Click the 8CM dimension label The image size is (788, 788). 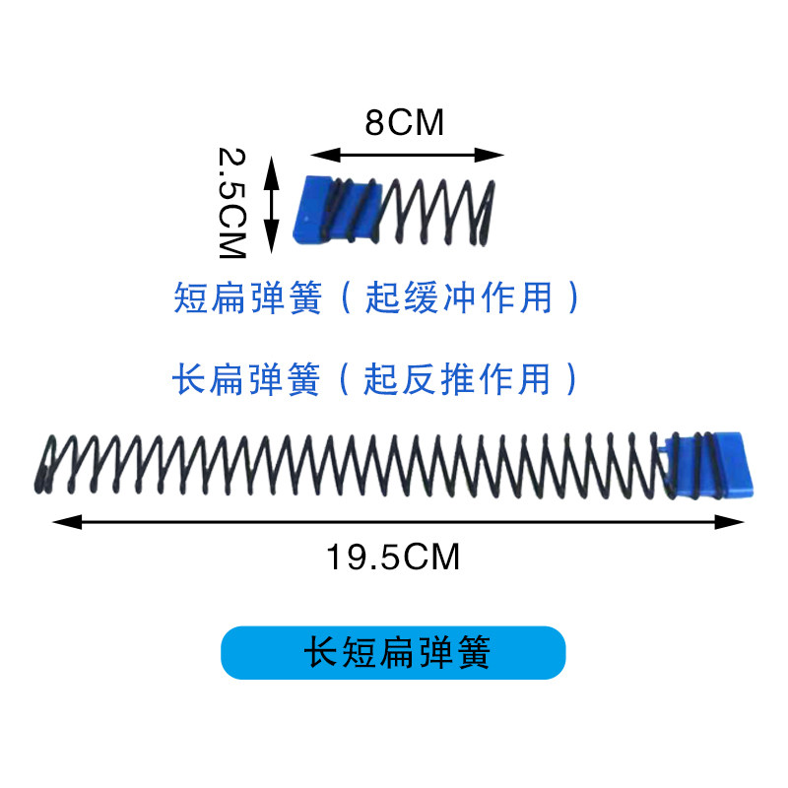click(x=405, y=124)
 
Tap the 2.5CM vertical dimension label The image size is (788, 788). click(x=231, y=202)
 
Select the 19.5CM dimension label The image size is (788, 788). click(x=393, y=558)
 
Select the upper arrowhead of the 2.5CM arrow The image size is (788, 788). click(x=273, y=168)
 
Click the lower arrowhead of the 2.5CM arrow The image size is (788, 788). click(x=273, y=243)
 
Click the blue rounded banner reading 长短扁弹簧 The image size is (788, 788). click(x=393, y=653)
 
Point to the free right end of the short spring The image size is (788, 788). click(x=490, y=213)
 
